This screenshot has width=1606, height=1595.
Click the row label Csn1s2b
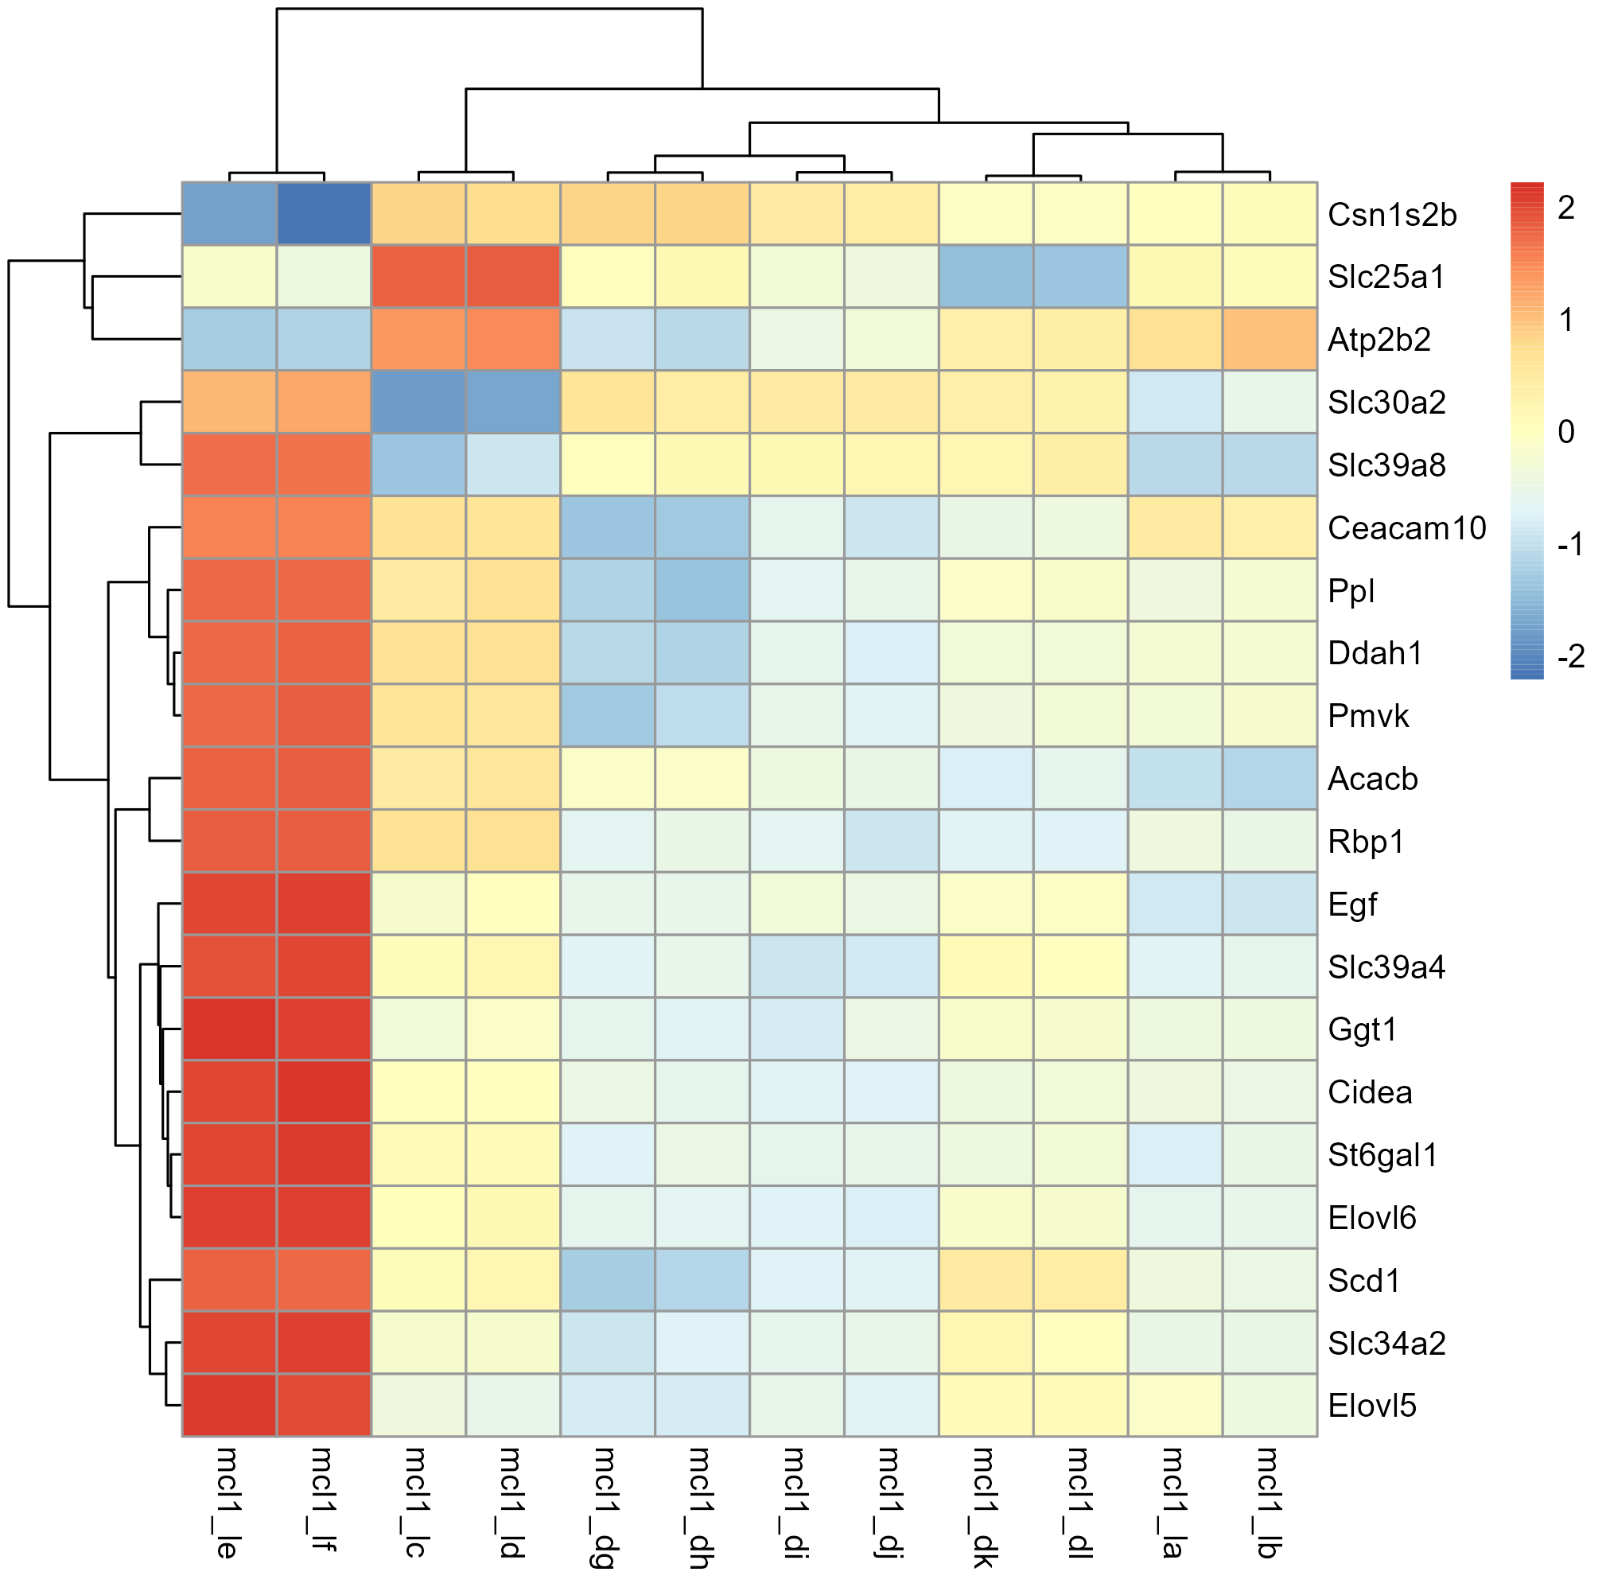pyautogui.click(x=1391, y=215)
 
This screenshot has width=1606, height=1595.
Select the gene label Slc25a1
pyautogui.click(x=1386, y=277)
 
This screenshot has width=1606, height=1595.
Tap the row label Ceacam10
pyautogui.click(x=1406, y=527)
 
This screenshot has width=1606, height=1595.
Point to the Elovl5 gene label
pyautogui.click(x=1371, y=1406)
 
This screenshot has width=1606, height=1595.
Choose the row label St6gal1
pyautogui.click(x=1382, y=1155)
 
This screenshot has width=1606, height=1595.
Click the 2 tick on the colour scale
pyautogui.click(x=1566, y=208)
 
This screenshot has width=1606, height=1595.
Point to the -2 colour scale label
pyautogui.click(x=1570, y=656)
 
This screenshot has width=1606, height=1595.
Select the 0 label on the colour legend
pyautogui.click(x=1566, y=432)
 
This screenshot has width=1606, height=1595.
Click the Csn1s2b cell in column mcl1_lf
pyautogui.click(x=324, y=214)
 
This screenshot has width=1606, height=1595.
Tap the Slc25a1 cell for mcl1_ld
pyautogui.click(x=513, y=276)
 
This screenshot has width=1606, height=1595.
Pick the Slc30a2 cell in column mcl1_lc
pyautogui.click(x=418, y=402)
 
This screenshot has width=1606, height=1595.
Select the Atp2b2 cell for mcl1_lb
pyautogui.click(x=1270, y=339)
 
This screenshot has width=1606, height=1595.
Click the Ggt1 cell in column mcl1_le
pyautogui.click(x=229, y=1029)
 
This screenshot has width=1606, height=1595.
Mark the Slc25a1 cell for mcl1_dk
pyautogui.click(x=986, y=276)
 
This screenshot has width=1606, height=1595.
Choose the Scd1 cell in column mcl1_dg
pyautogui.click(x=608, y=1280)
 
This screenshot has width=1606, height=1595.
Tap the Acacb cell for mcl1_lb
pyautogui.click(x=1270, y=778)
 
